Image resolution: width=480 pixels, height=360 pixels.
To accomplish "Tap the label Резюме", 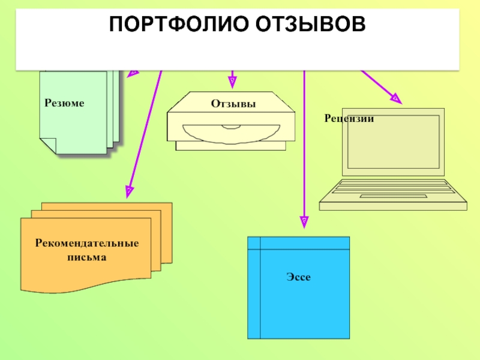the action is tap(64, 103).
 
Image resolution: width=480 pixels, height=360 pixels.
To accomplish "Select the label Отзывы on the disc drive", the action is tap(233, 104).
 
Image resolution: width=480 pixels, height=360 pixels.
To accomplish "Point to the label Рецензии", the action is tap(349, 119).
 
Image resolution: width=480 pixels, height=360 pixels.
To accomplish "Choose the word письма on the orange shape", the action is tap(86, 257).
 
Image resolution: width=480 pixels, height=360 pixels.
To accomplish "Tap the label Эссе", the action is tap(298, 277).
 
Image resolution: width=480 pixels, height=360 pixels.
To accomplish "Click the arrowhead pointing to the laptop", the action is tap(395, 97).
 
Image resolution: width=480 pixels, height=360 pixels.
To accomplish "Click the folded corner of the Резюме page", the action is tap(47, 145).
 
